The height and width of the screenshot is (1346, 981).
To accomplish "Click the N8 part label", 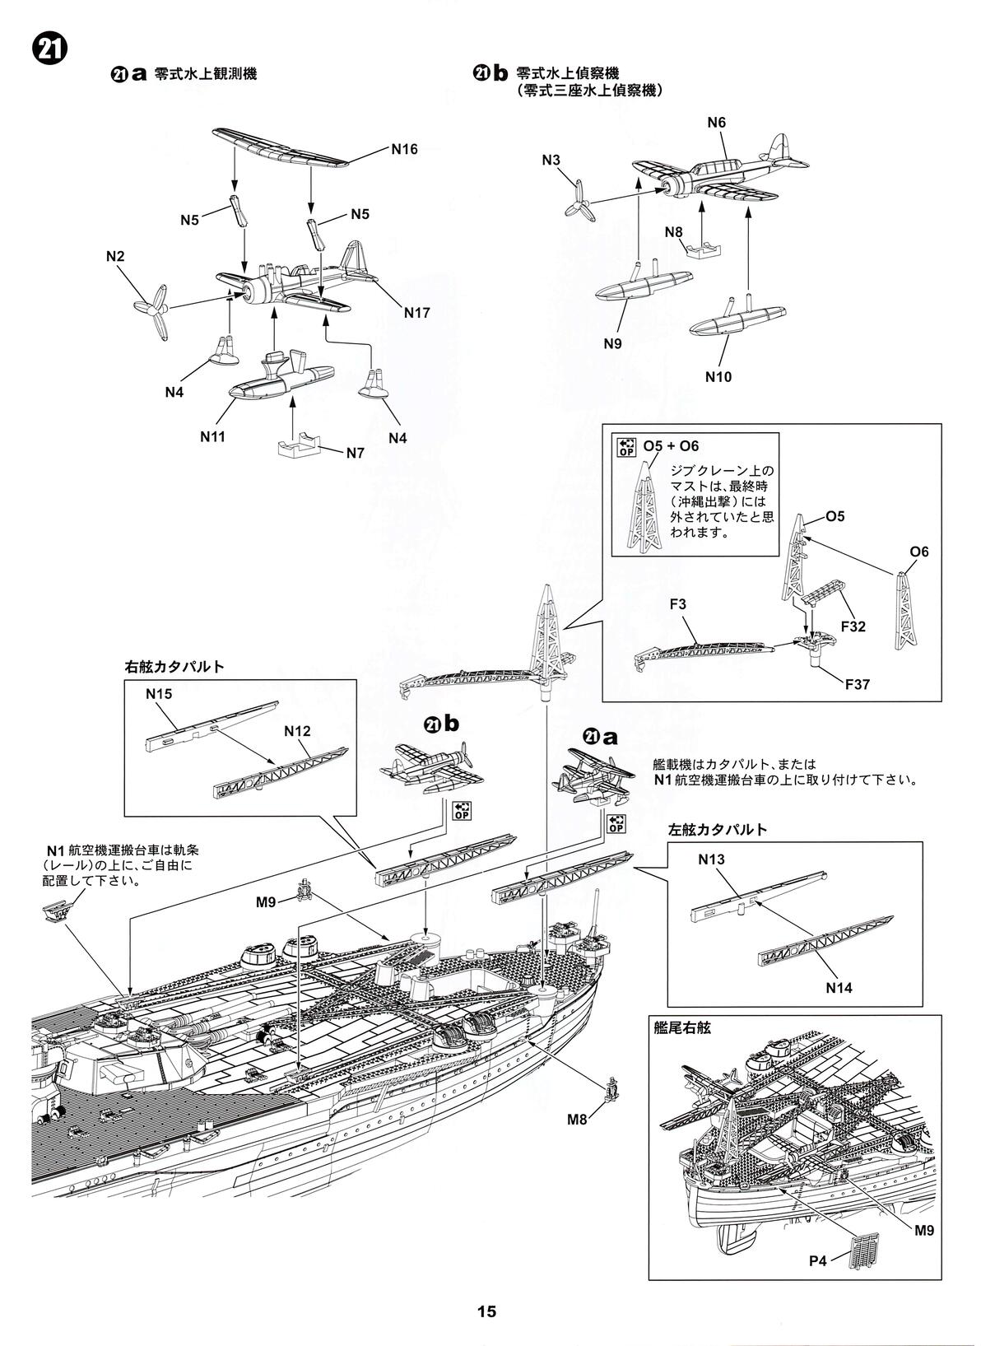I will [x=673, y=231].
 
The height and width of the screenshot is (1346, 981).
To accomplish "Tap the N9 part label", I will [x=611, y=343].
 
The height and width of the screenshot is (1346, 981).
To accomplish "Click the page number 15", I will [x=486, y=1311].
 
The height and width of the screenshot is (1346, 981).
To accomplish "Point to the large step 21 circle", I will [x=49, y=50].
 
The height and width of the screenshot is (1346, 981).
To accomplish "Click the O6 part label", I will [x=919, y=551].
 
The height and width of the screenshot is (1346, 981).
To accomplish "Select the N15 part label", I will [x=159, y=693].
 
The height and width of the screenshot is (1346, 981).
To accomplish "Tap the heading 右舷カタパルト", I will [x=174, y=666].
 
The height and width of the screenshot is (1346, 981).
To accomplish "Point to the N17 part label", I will [x=416, y=313].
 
